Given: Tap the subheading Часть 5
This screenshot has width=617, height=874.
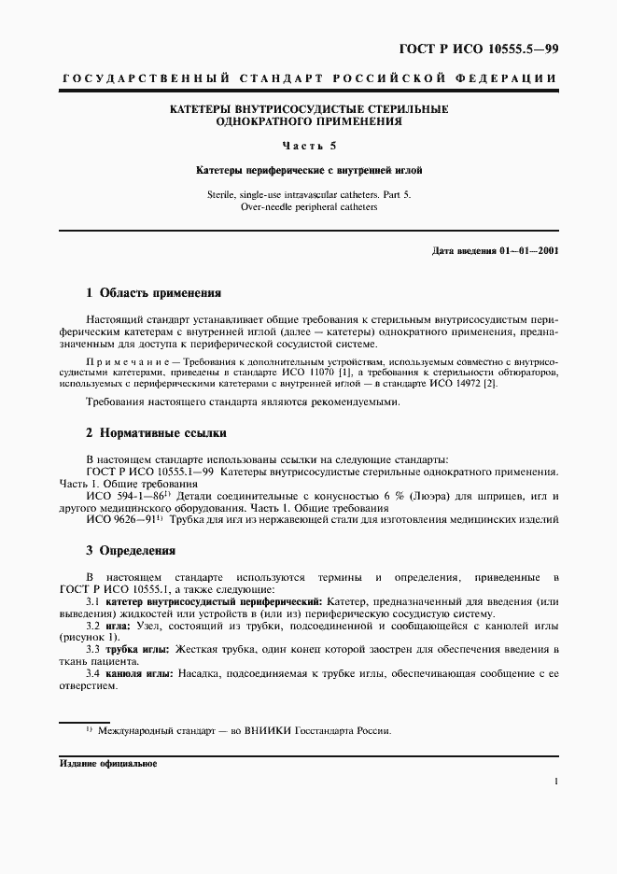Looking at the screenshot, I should [308, 146].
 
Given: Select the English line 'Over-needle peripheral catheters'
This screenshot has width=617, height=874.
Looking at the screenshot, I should [308, 206].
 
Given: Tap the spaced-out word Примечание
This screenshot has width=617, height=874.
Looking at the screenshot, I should [124, 359].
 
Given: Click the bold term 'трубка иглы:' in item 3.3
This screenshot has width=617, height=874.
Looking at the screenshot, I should [135, 648].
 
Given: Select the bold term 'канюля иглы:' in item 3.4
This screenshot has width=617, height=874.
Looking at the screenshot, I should [137, 672].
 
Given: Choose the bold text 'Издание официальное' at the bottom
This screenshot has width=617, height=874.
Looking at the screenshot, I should [108, 763].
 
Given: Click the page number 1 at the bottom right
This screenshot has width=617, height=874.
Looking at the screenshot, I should [554, 782].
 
